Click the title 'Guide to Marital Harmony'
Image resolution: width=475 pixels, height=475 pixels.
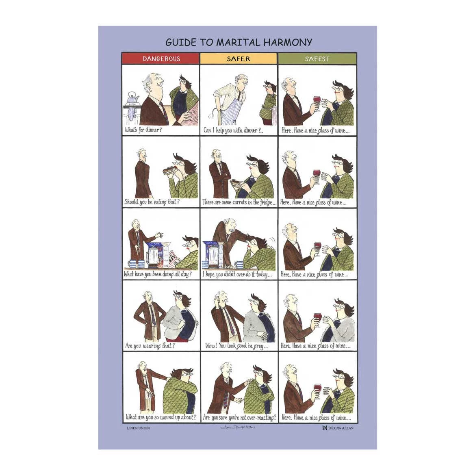[x=239, y=42]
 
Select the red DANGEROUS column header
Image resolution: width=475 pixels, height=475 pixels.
[x=161, y=59]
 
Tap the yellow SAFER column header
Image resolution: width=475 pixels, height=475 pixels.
[x=239, y=59]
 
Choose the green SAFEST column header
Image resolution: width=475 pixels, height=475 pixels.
[x=317, y=59]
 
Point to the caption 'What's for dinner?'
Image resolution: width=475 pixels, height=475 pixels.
[x=143, y=130]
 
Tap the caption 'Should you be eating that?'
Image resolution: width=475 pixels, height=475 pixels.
[x=152, y=202]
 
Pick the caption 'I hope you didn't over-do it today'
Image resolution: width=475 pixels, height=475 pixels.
[x=237, y=274]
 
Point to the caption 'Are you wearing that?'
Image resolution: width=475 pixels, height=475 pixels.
[x=150, y=346]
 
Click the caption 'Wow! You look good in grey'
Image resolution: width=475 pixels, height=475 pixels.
[x=236, y=346]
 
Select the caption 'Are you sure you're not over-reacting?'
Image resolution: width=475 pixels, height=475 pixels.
[x=239, y=417]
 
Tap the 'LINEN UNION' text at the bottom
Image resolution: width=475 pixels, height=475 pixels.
[x=139, y=428]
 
